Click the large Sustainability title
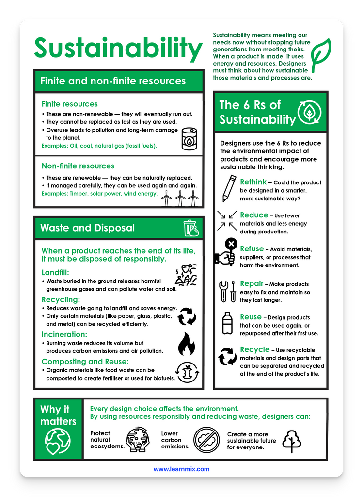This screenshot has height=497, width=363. [118, 49]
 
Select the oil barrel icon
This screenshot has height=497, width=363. [189, 139]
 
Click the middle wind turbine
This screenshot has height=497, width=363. [180, 199]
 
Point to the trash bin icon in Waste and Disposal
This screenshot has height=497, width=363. [191, 228]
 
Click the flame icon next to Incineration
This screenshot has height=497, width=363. [187, 344]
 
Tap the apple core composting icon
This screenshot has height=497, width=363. [187, 372]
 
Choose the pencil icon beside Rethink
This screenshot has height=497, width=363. [229, 189]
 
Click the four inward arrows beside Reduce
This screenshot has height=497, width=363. [227, 220]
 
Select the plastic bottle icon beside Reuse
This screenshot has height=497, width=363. [227, 323]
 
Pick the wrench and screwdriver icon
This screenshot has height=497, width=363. [228, 291]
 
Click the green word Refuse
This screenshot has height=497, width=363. [252, 249]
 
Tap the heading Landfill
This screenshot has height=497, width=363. [55, 273]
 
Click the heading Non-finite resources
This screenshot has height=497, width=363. [78, 166]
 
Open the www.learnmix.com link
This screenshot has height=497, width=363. [181, 469]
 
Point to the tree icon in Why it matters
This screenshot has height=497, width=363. [291, 441]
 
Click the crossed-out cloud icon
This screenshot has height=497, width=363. [206, 440]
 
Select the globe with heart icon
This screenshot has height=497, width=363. [58, 441]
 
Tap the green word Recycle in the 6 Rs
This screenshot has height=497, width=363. [255, 349]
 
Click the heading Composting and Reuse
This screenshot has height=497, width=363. [85, 361]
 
